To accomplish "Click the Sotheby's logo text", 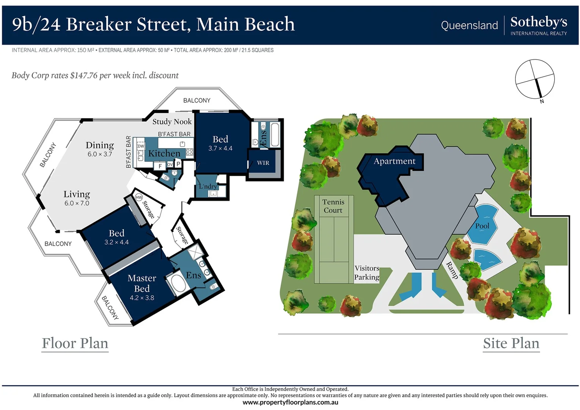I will pyautogui.click(x=538, y=22).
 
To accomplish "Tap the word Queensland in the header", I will pyautogui.click(x=469, y=25).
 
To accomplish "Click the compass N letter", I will pyautogui.click(x=542, y=101).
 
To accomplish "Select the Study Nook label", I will pyautogui.click(x=172, y=121).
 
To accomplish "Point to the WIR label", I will pyautogui.click(x=263, y=163).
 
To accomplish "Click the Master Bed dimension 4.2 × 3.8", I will pyautogui.click(x=142, y=298).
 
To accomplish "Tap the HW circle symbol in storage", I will pyautogui.click(x=139, y=197).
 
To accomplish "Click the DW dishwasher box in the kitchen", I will pyautogui.click(x=141, y=146).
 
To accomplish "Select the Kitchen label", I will pyautogui.click(x=164, y=153).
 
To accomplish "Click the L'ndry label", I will pyautogui.click(x=208, y=186).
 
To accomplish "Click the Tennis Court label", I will pyautogui.click(x=333, y=206).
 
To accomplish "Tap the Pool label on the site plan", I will pyautogui.click(x=482, y=226).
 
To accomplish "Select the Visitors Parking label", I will pyautogui.click(x=366, y=273).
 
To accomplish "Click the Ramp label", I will pyautogui.click(x=452, y=270).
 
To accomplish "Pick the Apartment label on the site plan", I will pyautogui.click(x=394, y=161).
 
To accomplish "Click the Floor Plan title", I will pyautogui.click(x=75, y=343).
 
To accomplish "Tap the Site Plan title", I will pyautogui.click(x=511, y=343).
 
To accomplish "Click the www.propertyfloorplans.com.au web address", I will pyautogui.click(x=290, y=402).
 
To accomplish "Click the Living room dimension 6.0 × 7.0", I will pyautogui.click(x=77, y=203).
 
